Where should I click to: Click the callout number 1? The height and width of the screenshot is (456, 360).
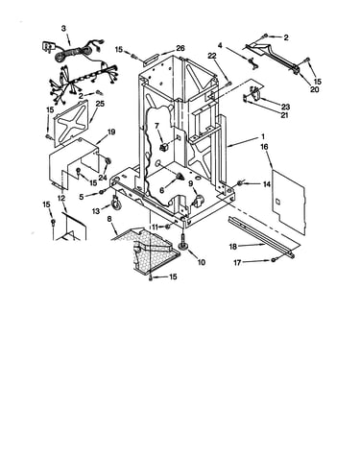click(x=263, y=137)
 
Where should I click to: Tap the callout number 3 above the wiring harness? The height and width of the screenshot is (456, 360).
click(x=63, y=29)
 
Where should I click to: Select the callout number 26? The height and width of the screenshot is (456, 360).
click(x=180, y=48)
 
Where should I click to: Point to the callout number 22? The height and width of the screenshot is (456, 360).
click(x=212, y=56)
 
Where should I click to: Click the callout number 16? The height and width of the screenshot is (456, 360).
click(x=265, y=147)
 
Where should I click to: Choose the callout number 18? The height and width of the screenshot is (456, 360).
click(x=233, y=247)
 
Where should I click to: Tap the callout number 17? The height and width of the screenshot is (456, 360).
click(x=237, y=263)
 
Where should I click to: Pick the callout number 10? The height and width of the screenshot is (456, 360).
click(x=202, y=262)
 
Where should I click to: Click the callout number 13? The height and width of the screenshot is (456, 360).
click(x=96, y=211)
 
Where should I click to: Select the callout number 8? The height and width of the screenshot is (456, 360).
click(x=109, y=219)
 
